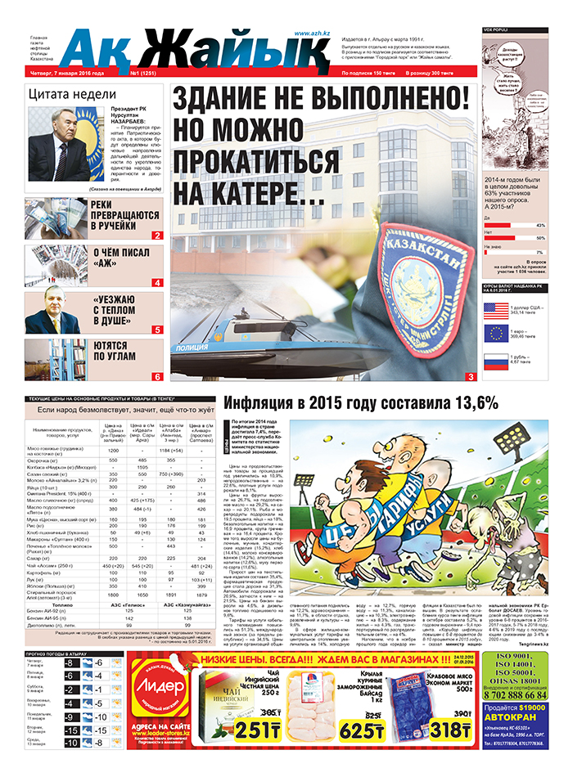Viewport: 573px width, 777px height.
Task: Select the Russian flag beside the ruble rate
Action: pyautogui.click(x=496, y=360)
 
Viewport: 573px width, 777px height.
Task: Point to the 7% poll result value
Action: pyautogui.click(x=539, y=251)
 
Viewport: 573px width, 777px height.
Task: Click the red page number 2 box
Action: pyautogui.click(x=156, y=236)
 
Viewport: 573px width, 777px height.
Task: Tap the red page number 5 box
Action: pyautogui.click(x=156, y=329)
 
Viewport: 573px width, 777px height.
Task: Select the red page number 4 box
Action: pyautogui.click(x=156, y=283)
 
